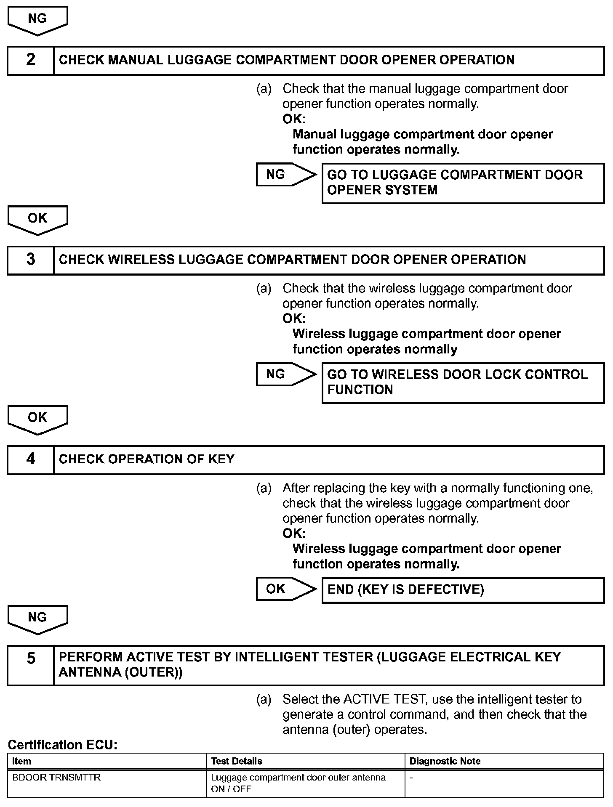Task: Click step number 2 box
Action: (31, 60)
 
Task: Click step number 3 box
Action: (31, 260)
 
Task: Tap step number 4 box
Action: (31, 459)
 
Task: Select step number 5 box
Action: (31, 666)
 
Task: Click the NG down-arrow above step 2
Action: (37, 20)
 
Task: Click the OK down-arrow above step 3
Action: (37, 220)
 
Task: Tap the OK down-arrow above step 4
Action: (37, 419)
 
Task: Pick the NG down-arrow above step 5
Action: (37, 619)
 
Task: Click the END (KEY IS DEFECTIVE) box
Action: (463, 590)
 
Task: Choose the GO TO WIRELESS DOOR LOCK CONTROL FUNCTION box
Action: (463, 382)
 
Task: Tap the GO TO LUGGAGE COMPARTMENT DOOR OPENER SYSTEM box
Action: (463, 183)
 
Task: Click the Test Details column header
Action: (237, 761)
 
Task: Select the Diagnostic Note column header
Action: (445, 761)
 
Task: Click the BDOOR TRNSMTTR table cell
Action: (57, 778)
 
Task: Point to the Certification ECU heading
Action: (63, 745)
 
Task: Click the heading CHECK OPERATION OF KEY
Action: (147, 459)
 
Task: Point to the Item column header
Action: (22, 761)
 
